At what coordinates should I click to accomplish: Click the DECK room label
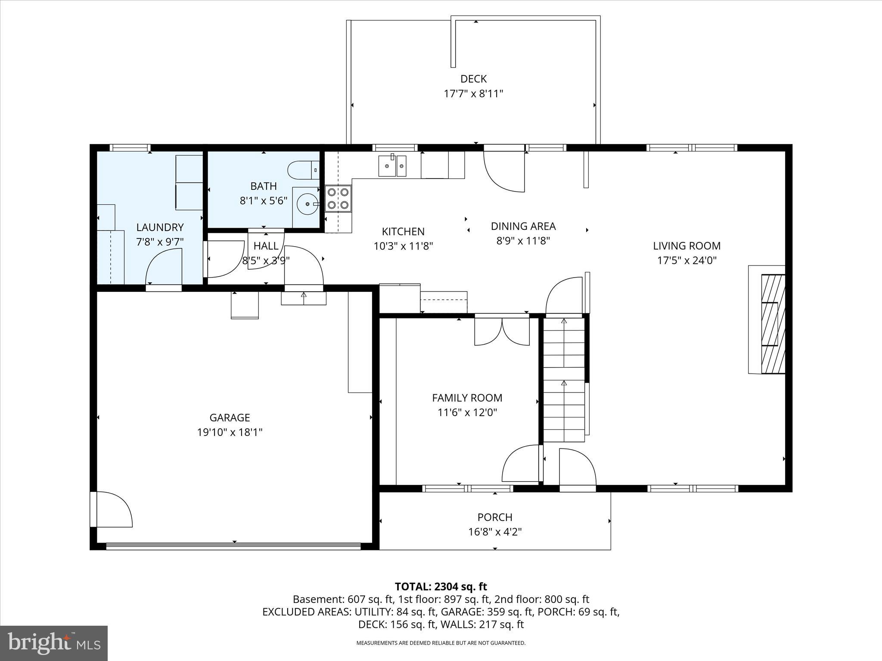click(473, 79)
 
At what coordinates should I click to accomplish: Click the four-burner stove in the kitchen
click(338, 198)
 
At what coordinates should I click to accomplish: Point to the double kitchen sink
click(392, 166)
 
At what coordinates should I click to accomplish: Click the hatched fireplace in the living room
click(773, 324)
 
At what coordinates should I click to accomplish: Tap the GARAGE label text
click(230, 417)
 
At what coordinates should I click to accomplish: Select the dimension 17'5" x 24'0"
click(686, 260)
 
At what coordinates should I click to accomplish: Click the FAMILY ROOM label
click(467, 398)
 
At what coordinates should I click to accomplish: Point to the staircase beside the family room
click(563, 379)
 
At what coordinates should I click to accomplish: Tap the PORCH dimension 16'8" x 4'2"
click(495, 532)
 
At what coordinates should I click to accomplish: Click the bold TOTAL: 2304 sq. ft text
click(441, 587)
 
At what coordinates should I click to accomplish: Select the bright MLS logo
click(54, 643)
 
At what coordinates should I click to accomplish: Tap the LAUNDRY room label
click(160, 227)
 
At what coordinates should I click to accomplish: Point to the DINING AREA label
click(523, 226)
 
